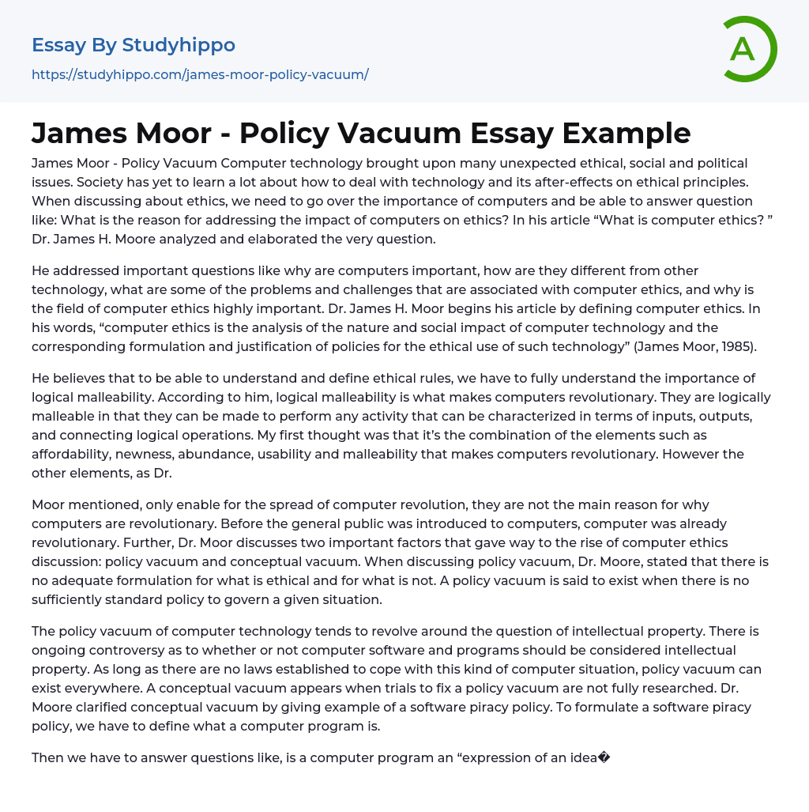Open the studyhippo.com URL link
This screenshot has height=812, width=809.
(200, 74)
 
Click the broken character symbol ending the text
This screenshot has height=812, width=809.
(604, 757)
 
